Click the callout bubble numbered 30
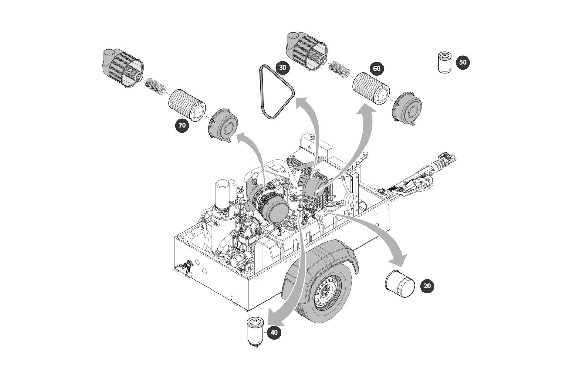283,67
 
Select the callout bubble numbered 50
462,62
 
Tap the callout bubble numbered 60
377,69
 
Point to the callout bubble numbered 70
182,125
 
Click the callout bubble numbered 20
427,286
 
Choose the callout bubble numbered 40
274,332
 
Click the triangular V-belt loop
276,92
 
